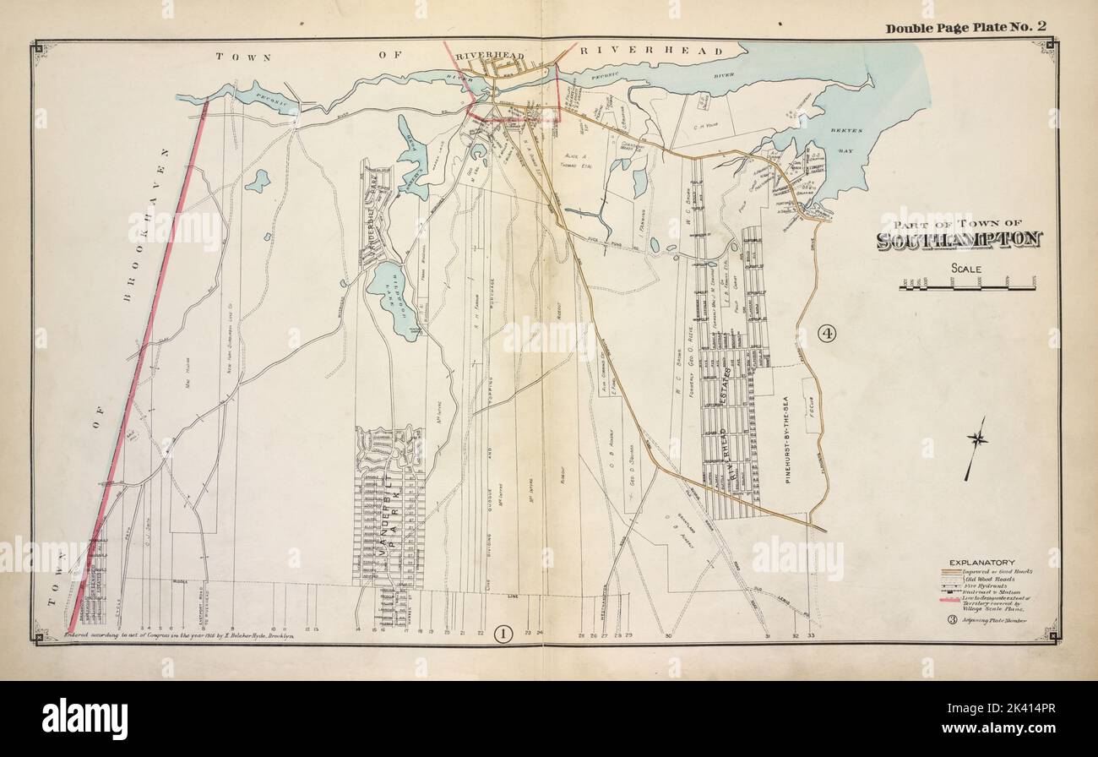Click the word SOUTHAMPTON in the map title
pyautogui.click(x=959, y=240)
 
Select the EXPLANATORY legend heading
pyautogui.click(x=982, y=563)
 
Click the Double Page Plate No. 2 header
pyautogui.click(x=965, y=27)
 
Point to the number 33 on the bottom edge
pyautogui.click(x=811, y=635)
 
